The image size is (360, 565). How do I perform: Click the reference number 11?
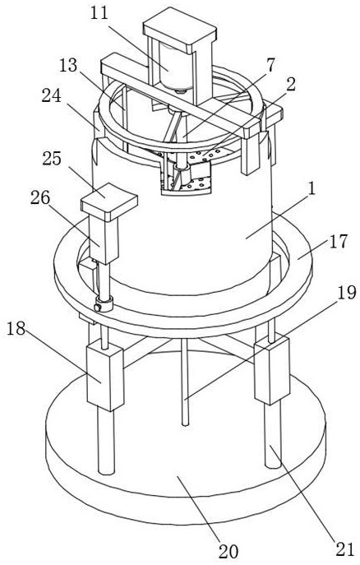click(99, 13)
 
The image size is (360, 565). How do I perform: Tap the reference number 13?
click(68, 66)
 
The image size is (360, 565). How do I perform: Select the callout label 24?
click(51, 96)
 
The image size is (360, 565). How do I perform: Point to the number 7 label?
click(270, 65)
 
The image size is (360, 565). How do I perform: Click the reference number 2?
click(290, 85)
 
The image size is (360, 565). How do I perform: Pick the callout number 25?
click(52, 159)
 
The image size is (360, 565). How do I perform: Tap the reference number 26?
click(40, 198)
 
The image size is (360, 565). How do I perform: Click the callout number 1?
click(312, 188)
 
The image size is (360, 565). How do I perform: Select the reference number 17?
click(339, 241)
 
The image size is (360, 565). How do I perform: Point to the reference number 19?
click(346, 293)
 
